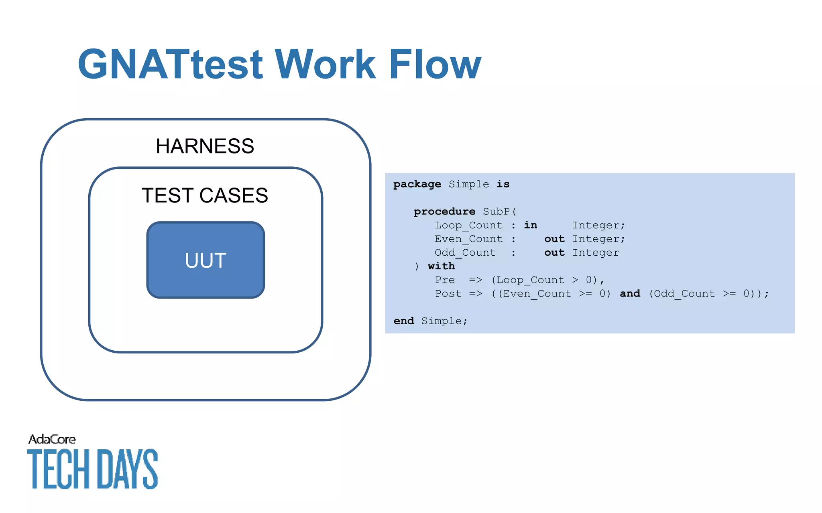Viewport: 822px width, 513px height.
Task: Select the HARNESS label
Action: (x=205, y=146)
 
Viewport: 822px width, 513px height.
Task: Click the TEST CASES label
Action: (x=205, y=196)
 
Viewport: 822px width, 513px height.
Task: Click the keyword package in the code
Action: (x=417, y=184)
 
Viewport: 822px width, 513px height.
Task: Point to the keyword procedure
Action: (x=444, y=212)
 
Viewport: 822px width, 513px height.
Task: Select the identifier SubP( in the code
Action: (x=500, y=212)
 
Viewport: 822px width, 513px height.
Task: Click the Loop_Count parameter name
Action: (x=468, y=225)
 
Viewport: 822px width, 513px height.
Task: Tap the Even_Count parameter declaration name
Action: (x=468, y=239)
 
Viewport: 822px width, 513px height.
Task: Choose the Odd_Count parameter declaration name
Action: (x=465, y=252)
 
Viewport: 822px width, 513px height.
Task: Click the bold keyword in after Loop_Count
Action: (x=530, y=225)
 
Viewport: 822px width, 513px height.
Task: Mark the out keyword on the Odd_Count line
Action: (x=554, y=252)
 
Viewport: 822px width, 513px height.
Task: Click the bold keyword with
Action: (x=441, y=266)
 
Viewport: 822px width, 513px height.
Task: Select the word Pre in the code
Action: (x=445, y=280)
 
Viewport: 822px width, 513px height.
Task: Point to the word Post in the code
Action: (x=448, y=294)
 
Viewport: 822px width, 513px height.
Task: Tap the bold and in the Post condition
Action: (x=630, y=294)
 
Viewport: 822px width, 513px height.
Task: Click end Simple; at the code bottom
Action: (x=430, y=321)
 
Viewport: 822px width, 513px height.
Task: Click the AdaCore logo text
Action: (x=52, y=440)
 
